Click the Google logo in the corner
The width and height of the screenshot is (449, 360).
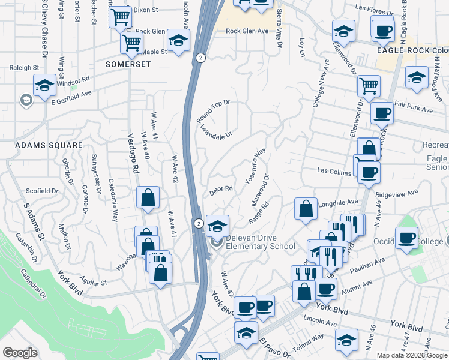coord(20,353)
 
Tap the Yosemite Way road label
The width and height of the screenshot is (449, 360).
coord(255,166)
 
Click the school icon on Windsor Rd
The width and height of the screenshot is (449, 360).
coord(45,86)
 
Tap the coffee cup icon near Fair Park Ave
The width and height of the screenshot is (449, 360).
coord(381,113)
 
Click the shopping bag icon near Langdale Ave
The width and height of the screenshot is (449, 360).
coord(306,209)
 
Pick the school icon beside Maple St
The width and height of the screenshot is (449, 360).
coord(178,41)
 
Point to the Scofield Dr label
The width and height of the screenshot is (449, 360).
coord(41,191)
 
